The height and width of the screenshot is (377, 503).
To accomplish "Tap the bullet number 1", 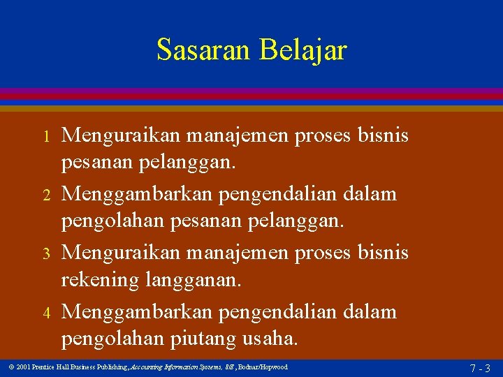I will click(x=46, y=135).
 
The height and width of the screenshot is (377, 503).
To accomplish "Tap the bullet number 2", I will click(x=46, y=194).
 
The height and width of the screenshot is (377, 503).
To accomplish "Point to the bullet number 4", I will click(x=46, y=312).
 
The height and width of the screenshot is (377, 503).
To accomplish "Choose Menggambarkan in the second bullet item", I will click(x=126, y=193).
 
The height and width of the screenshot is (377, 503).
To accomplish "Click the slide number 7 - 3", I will click(x=480, y=368).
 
